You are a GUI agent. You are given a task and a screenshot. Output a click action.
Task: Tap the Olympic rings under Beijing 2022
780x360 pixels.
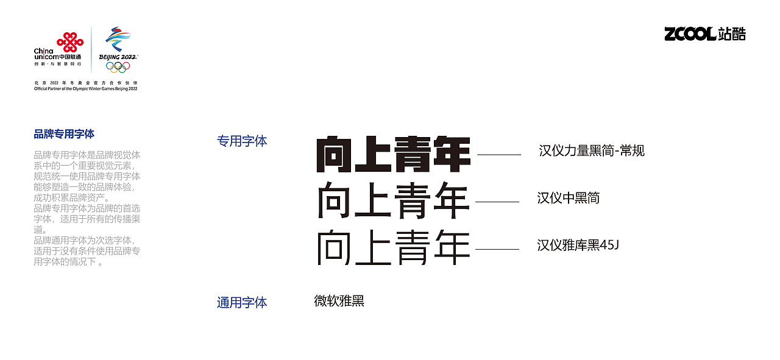coord(118,67)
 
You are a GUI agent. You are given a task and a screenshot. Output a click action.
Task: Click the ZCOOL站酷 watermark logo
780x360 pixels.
coord(705,34)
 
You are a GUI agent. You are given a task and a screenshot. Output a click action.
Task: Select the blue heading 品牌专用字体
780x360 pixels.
coord(64,134)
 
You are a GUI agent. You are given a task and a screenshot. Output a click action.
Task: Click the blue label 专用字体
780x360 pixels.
coord(242,141)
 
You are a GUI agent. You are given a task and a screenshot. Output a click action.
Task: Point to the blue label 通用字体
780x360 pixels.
coord(242,302)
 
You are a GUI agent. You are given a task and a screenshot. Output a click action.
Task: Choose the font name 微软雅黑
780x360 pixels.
coord(339,301)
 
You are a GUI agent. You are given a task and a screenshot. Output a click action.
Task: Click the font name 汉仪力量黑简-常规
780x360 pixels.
coord(591,150)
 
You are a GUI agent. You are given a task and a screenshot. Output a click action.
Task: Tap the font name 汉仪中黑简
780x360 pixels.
coord(568,198)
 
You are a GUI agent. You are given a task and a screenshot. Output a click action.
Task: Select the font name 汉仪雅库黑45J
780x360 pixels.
coord(578,245)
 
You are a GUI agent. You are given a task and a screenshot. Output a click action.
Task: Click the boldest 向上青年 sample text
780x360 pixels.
coord(394,154)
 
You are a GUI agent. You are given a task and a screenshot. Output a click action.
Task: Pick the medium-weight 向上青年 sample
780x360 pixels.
coord(394,200)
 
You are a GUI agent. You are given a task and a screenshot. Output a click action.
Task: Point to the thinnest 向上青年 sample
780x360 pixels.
coord(394,248)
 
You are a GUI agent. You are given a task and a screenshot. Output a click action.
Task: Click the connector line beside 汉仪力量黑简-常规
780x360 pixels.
coord(499,155)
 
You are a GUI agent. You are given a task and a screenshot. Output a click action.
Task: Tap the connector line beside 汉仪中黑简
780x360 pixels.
coord(497,202)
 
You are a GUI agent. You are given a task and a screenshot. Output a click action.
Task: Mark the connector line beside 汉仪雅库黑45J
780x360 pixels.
coord(497,249)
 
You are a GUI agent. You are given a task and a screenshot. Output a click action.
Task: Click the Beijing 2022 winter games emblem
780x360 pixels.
coord(118,40)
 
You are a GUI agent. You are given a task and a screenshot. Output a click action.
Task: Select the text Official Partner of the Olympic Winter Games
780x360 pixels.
coord(86,89)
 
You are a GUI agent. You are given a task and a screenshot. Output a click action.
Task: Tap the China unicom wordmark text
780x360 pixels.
coord(45,54)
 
